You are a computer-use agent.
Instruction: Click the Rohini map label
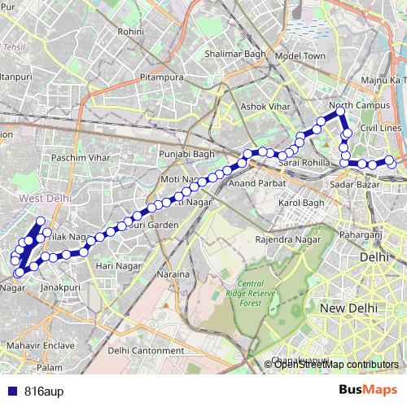click(130, 32)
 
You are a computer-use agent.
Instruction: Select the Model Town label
click(300, 56)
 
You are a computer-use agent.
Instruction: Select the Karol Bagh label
click(301, 203)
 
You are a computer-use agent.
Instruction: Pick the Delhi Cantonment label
click(145, 351)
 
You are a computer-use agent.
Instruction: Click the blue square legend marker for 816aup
click(12, 390)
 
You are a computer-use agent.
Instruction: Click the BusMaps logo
click(367, 390)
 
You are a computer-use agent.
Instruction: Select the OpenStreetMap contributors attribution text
click(336, 364)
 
